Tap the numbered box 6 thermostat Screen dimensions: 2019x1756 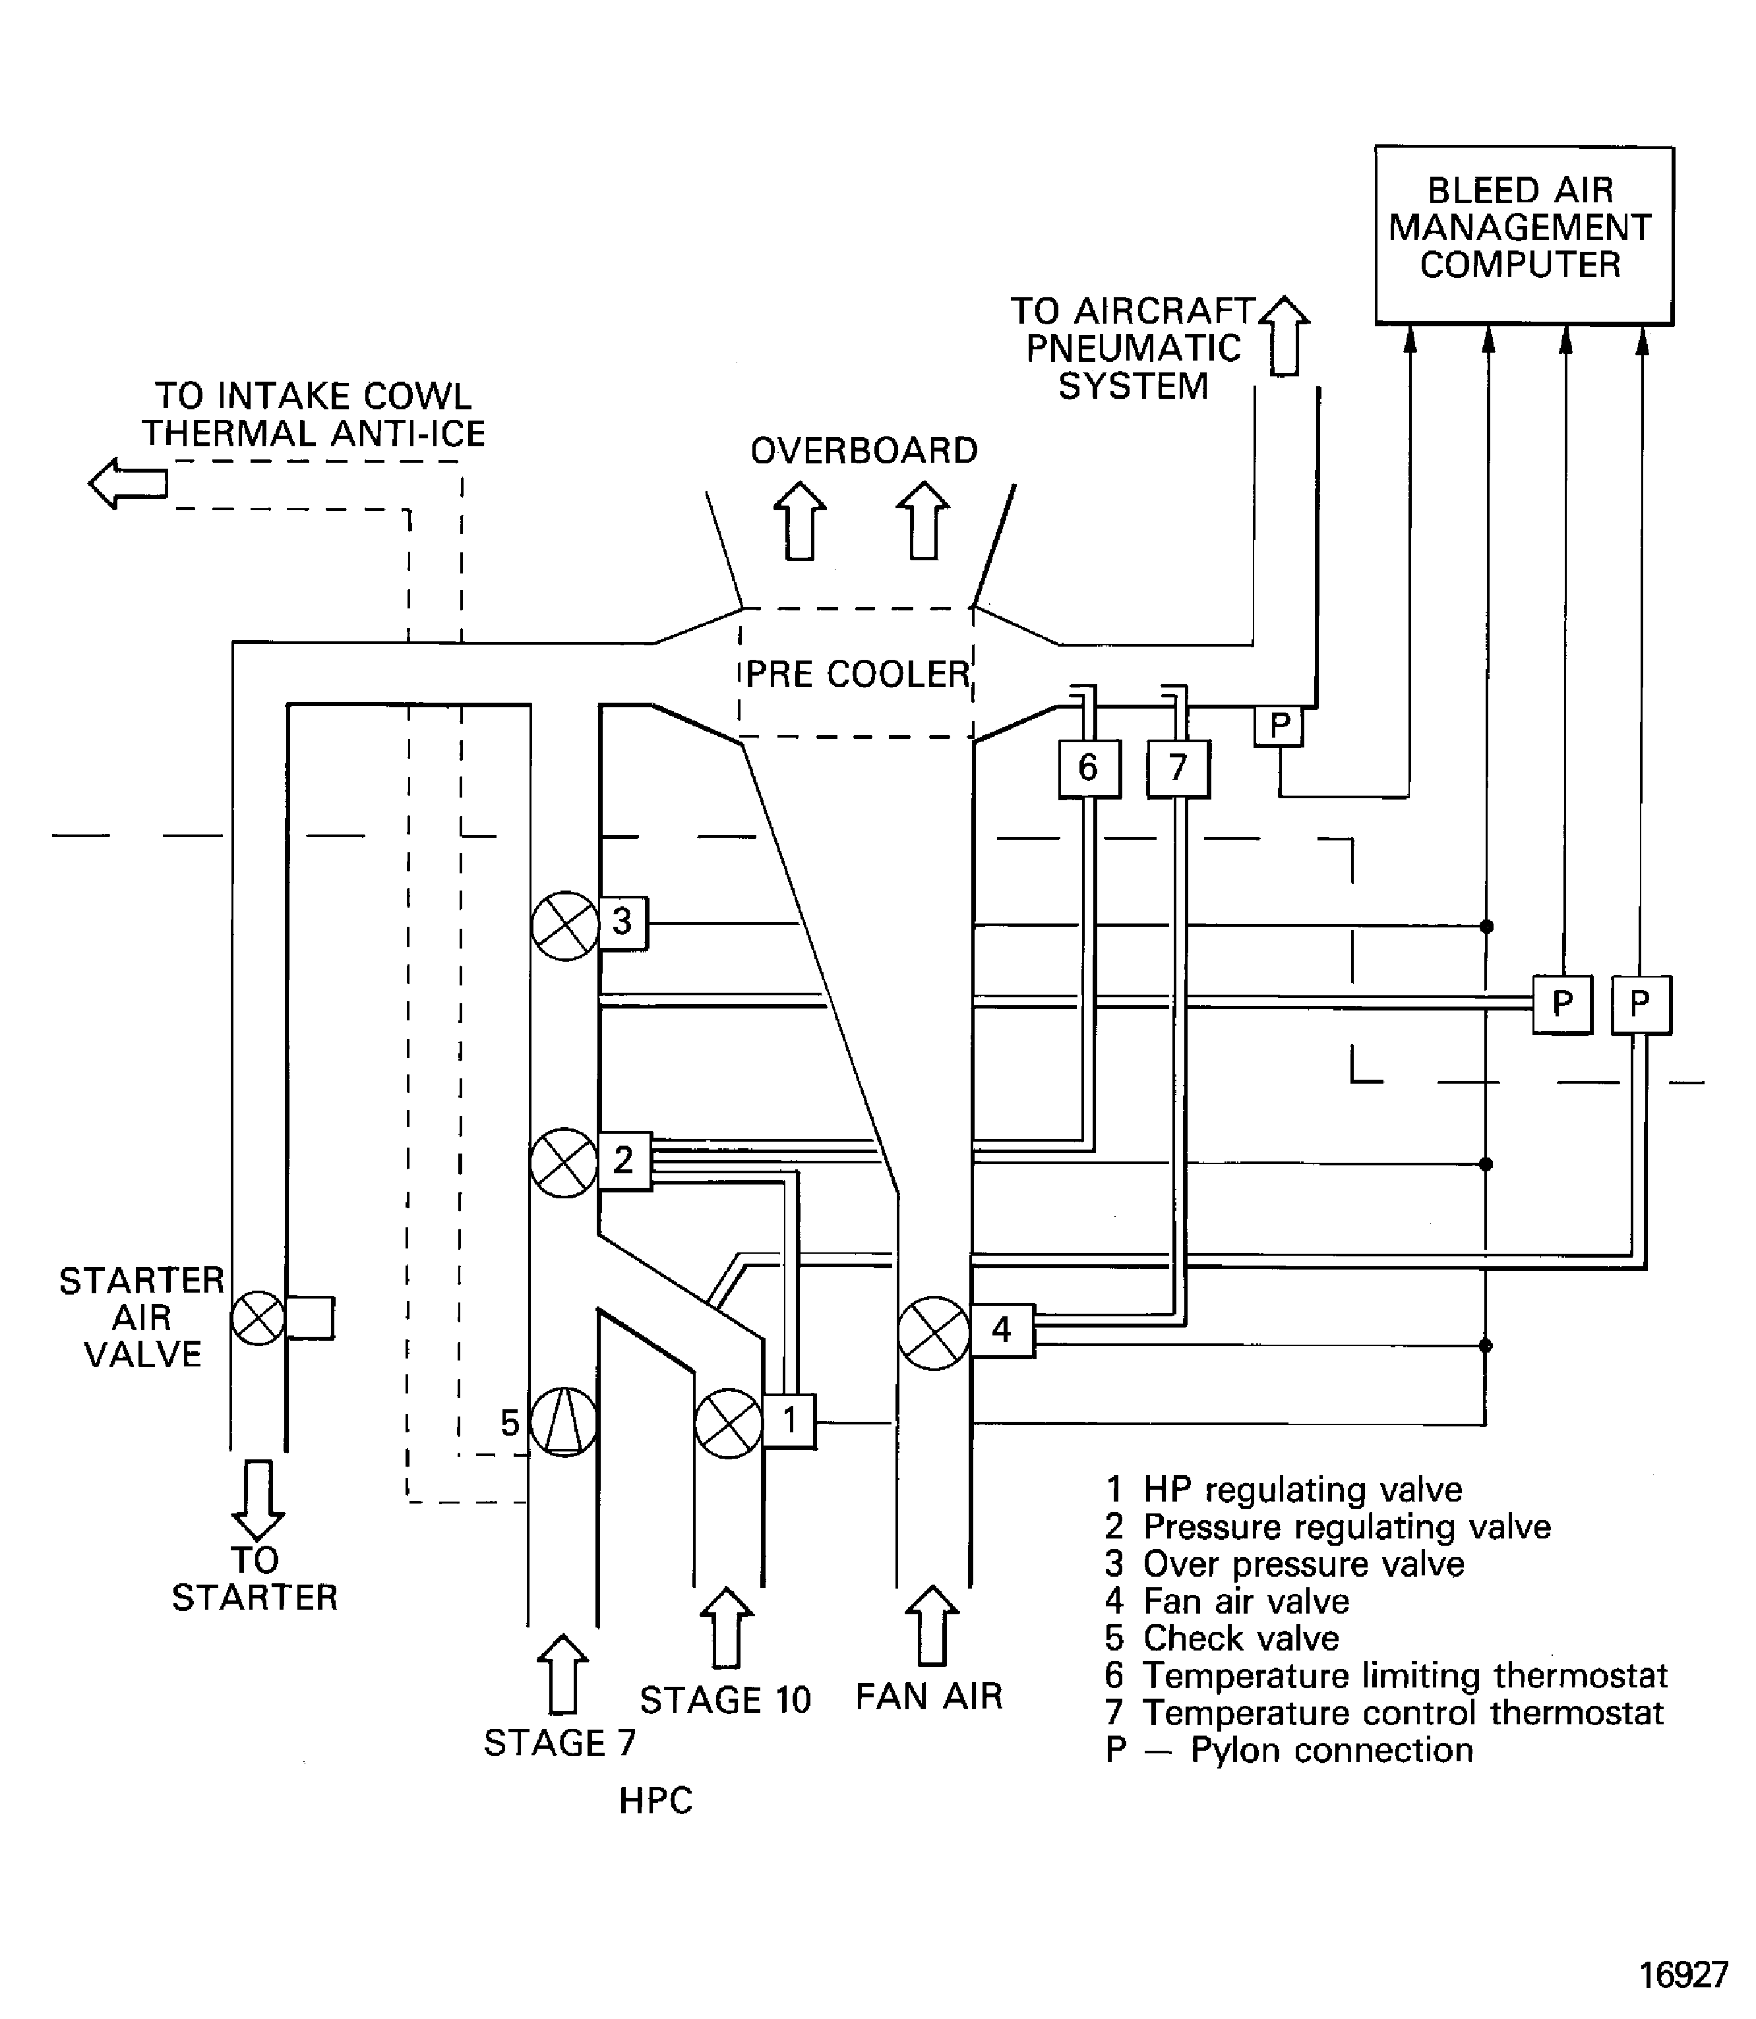click(x=1089, y=769)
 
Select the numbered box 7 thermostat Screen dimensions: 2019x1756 click(x=1178, y=769)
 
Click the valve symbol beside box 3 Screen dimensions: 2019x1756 click(x=565, y=925)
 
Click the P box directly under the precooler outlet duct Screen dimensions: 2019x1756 click(x=1279, y=726)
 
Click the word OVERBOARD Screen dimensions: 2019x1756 click(x=863, y=451)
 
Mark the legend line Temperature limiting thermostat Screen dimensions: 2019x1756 click(x=1385, y=1675)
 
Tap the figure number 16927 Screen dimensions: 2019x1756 click(x=1683, y=1975)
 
